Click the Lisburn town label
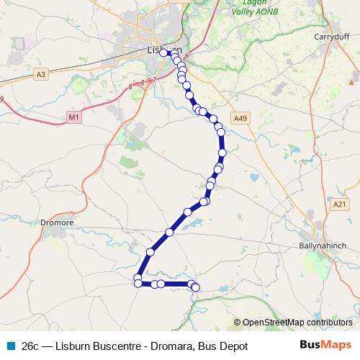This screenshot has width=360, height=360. (157, 50)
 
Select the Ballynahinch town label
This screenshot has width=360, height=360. (323, 245)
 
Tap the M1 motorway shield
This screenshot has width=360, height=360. (73, 117)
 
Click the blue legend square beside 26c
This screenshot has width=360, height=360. (8, 346)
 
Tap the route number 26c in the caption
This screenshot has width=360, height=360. (30, 346)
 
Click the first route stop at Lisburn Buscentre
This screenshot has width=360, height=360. (163, 53)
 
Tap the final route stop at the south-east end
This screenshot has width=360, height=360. (195, 289)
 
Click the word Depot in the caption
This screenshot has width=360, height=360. (232, 346)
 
